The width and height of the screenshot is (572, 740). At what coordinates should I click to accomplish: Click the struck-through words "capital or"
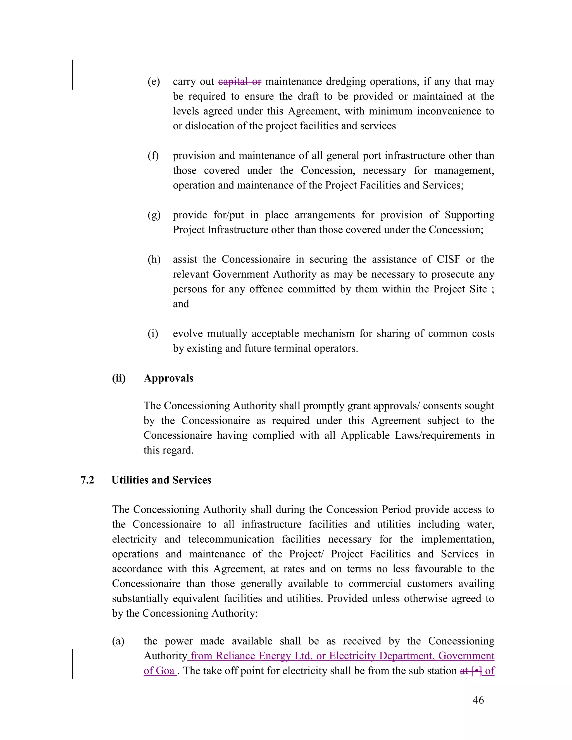(x=240, y=82)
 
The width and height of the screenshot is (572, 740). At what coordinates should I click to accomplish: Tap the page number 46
(x=478, y=700)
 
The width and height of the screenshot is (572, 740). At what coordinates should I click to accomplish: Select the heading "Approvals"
(x=168, y=378)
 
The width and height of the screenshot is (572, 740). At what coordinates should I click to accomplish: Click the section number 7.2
(x=87, y=480)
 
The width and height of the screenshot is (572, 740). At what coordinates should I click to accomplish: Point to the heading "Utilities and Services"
(x=161, y=480)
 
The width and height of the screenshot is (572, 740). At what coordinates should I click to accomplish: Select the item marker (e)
(x=154, y=82)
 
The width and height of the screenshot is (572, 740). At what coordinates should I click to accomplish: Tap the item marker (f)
(x=153, y=156)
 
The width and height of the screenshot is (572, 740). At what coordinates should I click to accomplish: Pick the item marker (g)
(x=154, y=215)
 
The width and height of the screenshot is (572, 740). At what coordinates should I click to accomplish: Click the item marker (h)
(x=154, y=259)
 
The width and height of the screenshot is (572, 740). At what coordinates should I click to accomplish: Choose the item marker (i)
(x=153, y=334)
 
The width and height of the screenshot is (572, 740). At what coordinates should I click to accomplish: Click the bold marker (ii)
(x=119, y=378)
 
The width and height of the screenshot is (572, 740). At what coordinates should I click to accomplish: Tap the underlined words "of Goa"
(x=159, y=671)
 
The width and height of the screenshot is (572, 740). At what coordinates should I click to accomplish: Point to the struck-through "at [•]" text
(x=471, y=671)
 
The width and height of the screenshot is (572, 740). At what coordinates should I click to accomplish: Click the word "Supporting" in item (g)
(x=469, y=215)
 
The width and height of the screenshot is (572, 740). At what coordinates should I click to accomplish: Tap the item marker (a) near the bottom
(x=118, y=641)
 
